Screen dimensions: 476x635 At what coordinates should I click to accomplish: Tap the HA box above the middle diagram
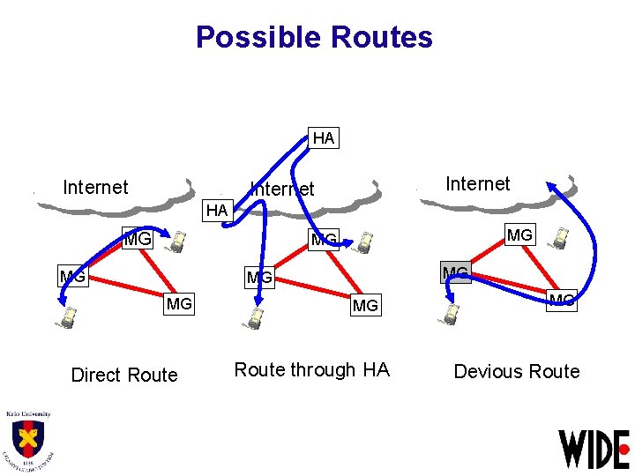[x=324, y=138]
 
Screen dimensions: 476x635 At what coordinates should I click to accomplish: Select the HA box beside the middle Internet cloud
[x=216, y=210]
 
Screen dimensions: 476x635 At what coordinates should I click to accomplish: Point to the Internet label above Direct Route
[x=95, y=187]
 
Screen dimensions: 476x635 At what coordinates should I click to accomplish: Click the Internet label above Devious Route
[x=477, y=183]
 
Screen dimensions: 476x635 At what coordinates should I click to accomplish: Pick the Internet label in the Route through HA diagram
[x=282, y=189]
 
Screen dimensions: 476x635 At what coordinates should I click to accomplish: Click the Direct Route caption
[x=124, y=375]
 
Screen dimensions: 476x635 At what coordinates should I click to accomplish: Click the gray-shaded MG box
[x=456, y=272]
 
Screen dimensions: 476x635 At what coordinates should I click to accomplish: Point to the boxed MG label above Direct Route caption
[x=179, y=304]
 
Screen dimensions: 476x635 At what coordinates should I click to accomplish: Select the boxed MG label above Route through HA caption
[x=365, y=306]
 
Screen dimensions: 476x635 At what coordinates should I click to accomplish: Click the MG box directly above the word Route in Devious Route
[x=562, y=301]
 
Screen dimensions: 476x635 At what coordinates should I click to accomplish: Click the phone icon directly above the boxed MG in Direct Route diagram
[x=178, y=240]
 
